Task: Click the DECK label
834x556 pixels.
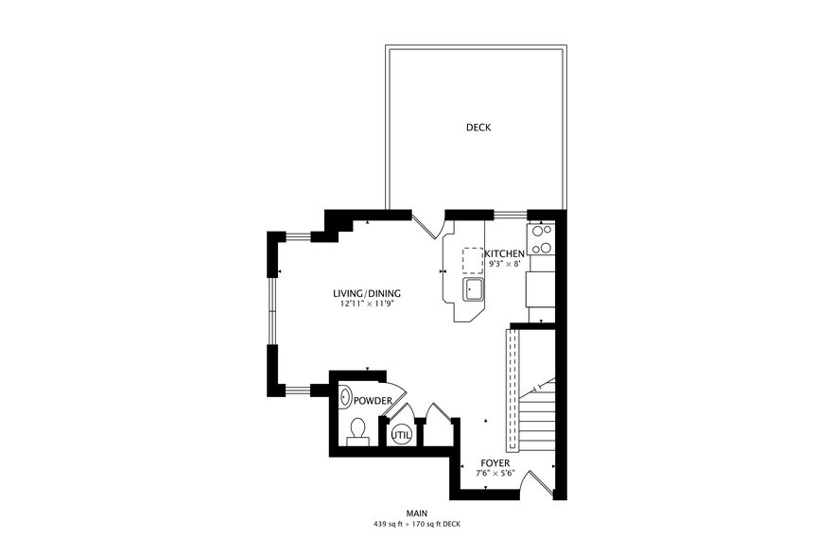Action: pos(478,128)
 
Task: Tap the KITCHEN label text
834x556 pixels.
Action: pos(505,254)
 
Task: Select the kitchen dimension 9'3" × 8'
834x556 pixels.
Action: pos(503,265)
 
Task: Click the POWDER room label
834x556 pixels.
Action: pos(374,401)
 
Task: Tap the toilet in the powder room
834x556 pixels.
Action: pos(357,431)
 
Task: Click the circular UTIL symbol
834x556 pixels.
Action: pos(401,435)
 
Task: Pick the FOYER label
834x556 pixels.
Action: pos(495,463)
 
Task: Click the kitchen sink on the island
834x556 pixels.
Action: pos(473,288)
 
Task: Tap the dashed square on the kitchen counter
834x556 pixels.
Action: pos(473,260)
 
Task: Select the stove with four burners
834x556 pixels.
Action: pos(541,239)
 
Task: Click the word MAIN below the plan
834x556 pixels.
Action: pos(417,513)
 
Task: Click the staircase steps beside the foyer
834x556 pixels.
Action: pos(537,416)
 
